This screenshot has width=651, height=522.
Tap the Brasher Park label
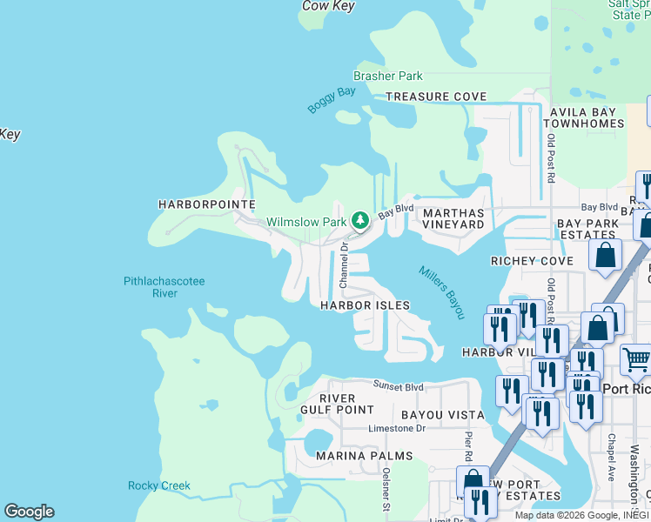[388, 77]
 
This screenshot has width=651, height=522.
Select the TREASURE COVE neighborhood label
[436, 97]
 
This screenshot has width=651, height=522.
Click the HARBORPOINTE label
[206, 204]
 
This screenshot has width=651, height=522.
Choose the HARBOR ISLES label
[365, 305]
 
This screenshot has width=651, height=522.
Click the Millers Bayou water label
[442, 291]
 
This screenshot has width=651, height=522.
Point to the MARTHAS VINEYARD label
[453, 218]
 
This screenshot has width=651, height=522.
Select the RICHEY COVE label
[532, 261]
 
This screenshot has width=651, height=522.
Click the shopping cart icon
[636, 359]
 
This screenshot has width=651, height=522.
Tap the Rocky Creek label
[159, 485]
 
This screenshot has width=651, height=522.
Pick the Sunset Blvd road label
[399, 386]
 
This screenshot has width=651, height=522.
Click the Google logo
[29, 512]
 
